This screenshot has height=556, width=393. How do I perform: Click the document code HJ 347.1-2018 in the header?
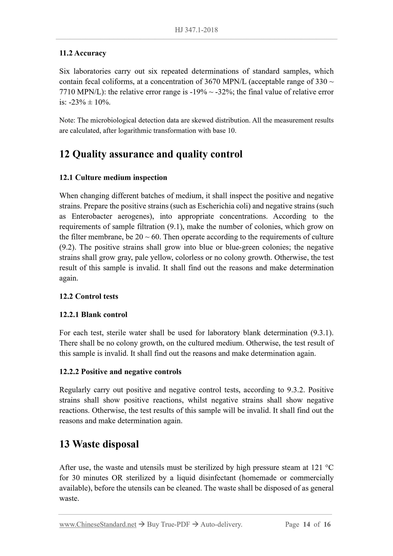(196, 30)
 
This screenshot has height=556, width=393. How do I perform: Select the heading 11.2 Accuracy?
(83, 53)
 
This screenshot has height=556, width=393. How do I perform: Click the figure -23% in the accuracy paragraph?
(75, 103)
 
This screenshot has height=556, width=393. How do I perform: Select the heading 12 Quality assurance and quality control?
(151, 154)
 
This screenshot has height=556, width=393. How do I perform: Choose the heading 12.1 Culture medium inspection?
(113, 178)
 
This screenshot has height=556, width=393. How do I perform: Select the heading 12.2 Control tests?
(89, 296)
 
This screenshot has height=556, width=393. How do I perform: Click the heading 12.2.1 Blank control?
(93, 315)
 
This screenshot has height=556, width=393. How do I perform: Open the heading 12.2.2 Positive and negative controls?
(120, 372)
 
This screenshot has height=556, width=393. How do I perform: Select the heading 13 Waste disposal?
(99, 444)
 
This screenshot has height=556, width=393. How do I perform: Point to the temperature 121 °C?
(322, 468)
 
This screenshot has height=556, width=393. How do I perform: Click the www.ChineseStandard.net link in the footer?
(98, 524)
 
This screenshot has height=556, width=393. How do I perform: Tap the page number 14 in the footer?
(307, 524)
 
